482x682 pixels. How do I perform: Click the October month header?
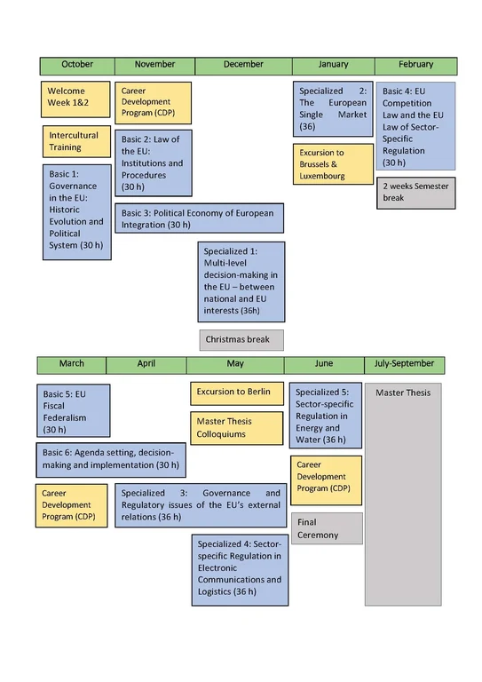point(77,65)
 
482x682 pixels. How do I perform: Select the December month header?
point(243,65)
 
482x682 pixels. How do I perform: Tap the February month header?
point(415,65)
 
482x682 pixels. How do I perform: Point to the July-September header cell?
point(405,364)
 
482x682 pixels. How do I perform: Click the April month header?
point(146,364)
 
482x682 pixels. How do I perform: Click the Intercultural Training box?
point(77,142)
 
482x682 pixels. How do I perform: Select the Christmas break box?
point(241,339)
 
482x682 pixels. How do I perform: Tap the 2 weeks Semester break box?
point(415,193)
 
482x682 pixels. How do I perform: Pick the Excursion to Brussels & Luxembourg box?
point(333,164)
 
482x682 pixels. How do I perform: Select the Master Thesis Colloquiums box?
point(234,428)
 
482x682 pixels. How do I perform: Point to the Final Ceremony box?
point(327,528)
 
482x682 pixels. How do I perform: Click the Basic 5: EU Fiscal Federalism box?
point(75,411)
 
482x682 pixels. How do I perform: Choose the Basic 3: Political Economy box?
point(199,218)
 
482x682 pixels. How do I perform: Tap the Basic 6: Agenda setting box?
point(111,459)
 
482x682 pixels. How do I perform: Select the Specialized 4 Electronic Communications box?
point(240,568)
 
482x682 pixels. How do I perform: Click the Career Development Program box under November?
point(153,102)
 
